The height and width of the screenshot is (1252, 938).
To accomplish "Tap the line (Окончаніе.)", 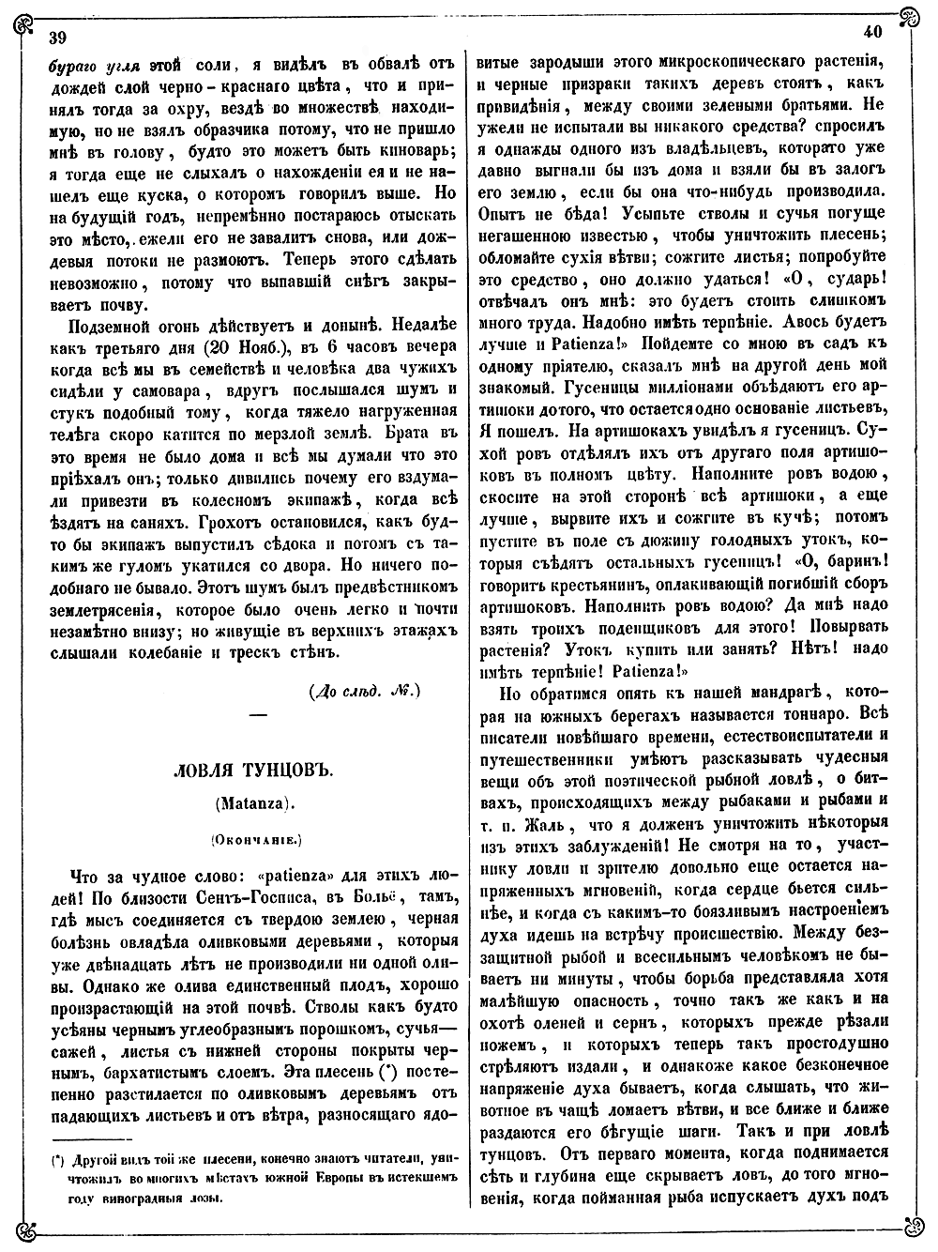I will pos(253,834).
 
